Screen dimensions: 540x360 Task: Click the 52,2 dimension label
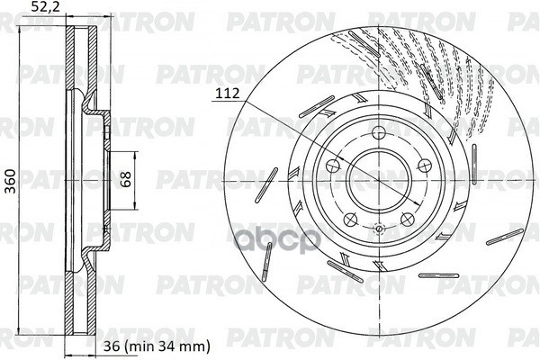(45, 7)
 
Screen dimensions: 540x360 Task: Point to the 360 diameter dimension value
(11, 181)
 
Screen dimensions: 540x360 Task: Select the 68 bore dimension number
(126, 179)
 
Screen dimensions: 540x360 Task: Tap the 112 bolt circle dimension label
(228, 93)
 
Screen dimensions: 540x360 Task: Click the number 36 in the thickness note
(112, 346)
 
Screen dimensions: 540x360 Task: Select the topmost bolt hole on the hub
(379, 132)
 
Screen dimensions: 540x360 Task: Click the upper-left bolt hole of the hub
(333, 166)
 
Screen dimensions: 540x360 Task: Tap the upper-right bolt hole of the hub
(425, 166)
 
